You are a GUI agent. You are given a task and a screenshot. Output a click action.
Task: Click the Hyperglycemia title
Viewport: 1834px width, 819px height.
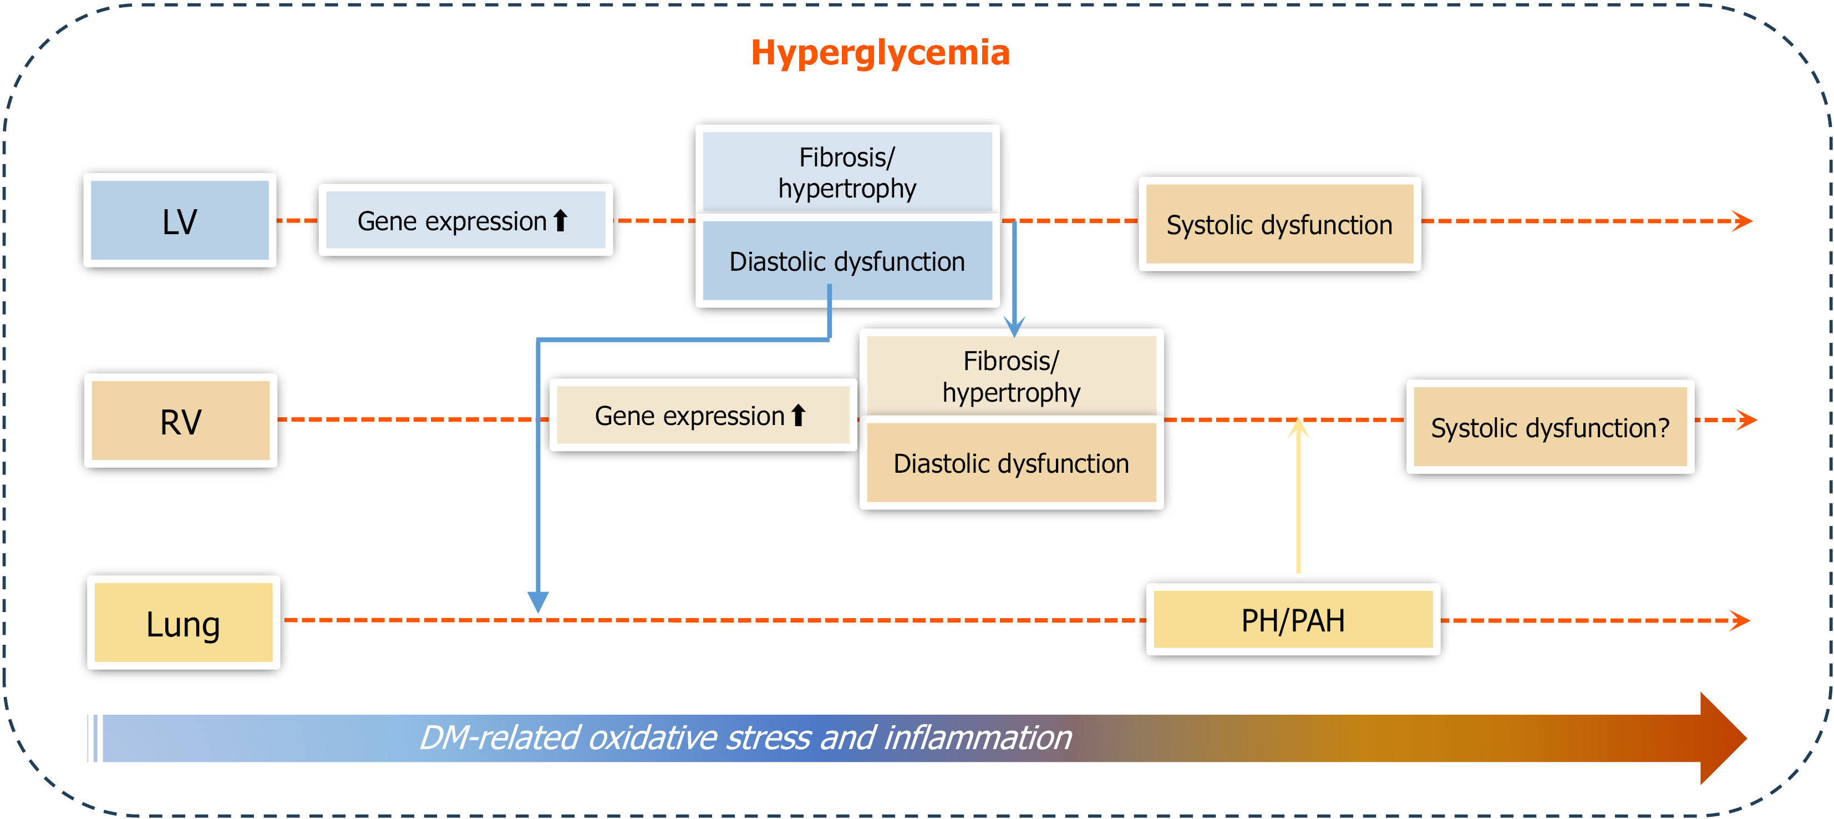880,53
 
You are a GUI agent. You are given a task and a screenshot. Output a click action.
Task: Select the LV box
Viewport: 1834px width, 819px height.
180,221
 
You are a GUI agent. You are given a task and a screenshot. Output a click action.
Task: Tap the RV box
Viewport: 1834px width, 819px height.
181,421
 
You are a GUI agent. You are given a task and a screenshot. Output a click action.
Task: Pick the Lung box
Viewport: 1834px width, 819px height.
183,623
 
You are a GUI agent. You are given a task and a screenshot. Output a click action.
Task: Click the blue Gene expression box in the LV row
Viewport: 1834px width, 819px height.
465,221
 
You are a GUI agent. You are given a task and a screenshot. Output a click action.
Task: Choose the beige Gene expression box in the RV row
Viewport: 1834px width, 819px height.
703,415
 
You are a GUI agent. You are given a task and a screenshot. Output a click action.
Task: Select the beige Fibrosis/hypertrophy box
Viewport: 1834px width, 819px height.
1011,376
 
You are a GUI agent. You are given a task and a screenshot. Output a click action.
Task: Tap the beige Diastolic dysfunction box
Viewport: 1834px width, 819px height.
1011,463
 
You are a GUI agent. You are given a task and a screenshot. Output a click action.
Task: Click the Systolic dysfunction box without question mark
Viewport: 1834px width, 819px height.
1279,224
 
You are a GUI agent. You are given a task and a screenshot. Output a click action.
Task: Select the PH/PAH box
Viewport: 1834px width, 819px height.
1292,620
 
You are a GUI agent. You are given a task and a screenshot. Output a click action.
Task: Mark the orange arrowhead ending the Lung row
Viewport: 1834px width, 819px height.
1740,620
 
